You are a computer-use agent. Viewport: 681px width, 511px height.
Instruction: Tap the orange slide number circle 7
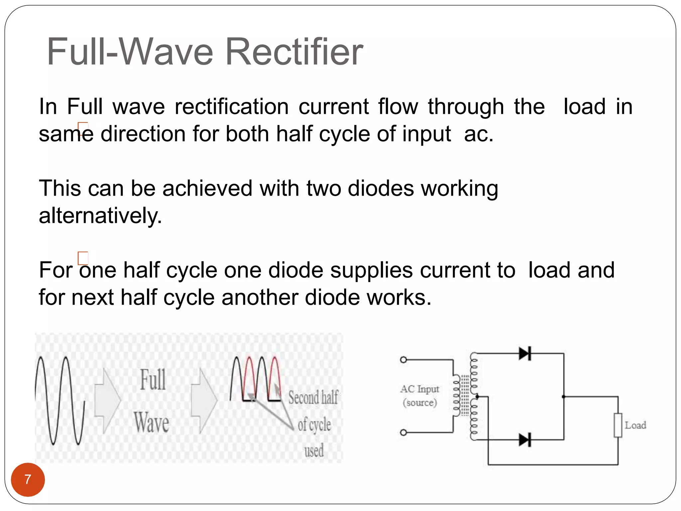[28, 479]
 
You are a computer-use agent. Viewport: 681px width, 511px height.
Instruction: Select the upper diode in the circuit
[525, 353]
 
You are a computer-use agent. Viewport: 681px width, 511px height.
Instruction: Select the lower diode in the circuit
[525, 440]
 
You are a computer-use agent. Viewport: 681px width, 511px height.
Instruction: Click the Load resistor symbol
[618, 425]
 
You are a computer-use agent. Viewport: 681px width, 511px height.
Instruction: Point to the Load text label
[635, 425]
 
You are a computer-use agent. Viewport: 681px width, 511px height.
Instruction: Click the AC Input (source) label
[420, 396]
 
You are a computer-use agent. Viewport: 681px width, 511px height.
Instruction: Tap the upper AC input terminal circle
[403, 360]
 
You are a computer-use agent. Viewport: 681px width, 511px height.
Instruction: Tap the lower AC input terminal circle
[403, 432]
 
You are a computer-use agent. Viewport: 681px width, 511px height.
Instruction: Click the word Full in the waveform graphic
[153, 380]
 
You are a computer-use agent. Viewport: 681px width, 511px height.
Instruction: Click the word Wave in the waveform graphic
[152, 422]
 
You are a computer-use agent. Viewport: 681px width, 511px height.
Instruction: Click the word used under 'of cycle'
[314, 450]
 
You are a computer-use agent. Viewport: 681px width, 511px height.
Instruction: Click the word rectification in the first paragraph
[232, 107]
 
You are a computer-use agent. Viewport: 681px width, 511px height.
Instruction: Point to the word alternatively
[100, 216]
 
